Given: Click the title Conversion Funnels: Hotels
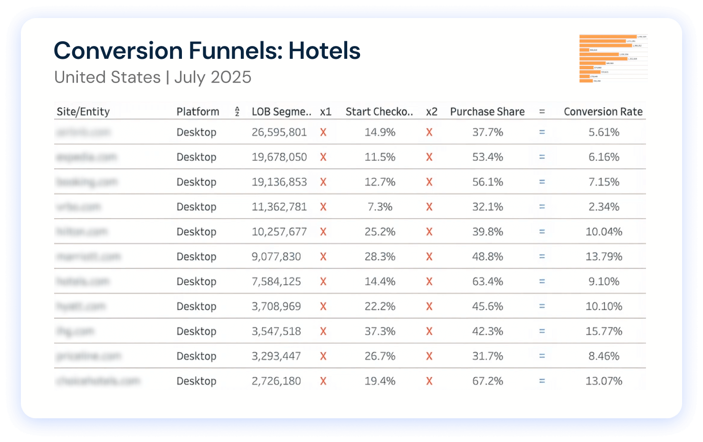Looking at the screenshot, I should click(207, 51).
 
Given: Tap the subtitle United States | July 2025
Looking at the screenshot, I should click(152, 77).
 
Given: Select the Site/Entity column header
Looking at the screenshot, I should click(83, 111).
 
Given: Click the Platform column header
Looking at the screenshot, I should click(198, 111).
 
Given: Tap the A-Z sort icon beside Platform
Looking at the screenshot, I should click(237, 112).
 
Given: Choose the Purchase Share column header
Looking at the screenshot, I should click(487, 111).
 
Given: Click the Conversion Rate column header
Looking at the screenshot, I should click(603, 111).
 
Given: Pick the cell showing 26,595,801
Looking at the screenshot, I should click(279, 132).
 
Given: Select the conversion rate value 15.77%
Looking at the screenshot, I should click(604, 331).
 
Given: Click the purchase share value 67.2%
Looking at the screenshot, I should click(487, 381).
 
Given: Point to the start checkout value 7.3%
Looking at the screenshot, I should click(380, 207).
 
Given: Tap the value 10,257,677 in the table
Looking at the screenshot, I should click(279, 232).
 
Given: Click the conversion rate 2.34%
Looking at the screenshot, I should click(604, 207).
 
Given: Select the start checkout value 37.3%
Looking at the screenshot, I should click(380, 331).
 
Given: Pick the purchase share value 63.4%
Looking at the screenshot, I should click(487, 282).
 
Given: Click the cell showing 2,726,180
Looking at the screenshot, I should click(276, 381).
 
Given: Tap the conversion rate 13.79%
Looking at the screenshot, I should click(604, 257).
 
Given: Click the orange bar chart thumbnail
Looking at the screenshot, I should click(613, 58).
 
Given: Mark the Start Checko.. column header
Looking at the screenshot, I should click(379, 111).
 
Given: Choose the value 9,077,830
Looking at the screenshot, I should click(276, 257).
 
